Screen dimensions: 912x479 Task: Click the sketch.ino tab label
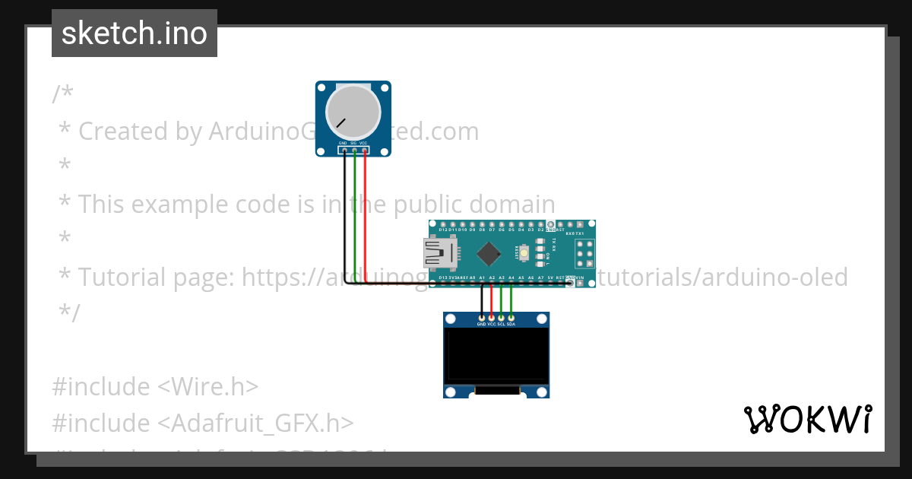pyautogui.click(x=134, y=33)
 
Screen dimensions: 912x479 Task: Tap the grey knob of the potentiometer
pyautogui.click(x=353, y=111)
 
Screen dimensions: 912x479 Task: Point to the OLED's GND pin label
pyautogui.click(x=481, y=324)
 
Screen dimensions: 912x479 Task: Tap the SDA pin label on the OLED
pyautogui.click(x=511, y=324)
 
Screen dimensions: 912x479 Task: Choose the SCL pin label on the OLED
pyautogui.click(x=502, y=324)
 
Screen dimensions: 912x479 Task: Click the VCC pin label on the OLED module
pyautogui.click(x=491, y=324)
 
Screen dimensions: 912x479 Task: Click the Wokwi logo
pyautogui.click(x=807, y=419)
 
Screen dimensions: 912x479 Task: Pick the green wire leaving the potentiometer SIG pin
pyautogui.click(x=355, y=213)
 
